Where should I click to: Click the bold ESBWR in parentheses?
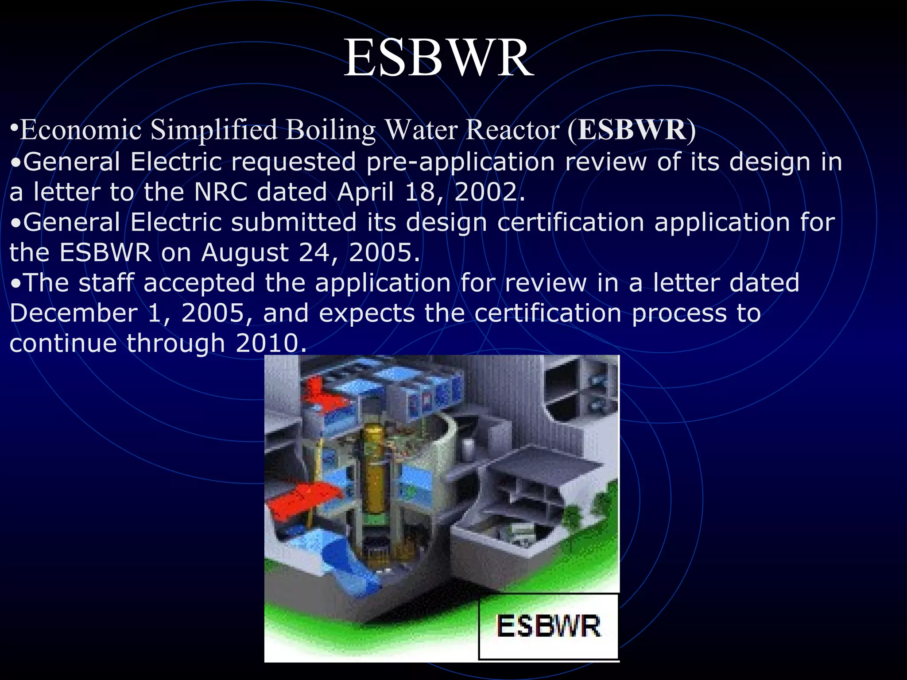(x=632, y=130)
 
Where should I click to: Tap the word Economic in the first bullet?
(x=81, y=130)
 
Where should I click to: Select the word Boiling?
(x=330, y=130)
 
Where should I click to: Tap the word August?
(x=244, y=253)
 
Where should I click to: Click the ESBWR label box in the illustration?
(x=548, y=626)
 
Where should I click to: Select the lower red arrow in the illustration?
(x=306, y=500)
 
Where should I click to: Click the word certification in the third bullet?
(x=570, y=222)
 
